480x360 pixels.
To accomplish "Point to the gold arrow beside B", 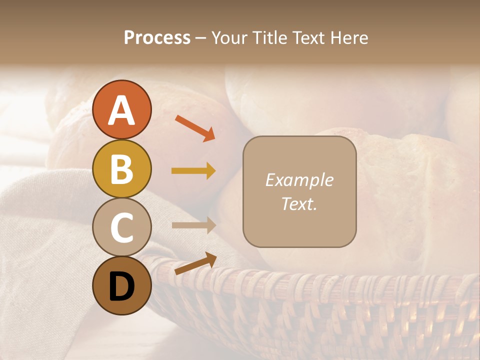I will point(193,171).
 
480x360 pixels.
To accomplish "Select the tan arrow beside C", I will point(193,225).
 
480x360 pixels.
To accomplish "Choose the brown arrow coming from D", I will point(195,263).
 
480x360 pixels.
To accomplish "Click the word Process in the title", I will point(157,38).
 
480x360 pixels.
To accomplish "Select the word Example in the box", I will point(299,180).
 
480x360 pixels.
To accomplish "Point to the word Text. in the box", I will point(299,204).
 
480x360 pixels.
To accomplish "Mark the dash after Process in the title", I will point(201,38).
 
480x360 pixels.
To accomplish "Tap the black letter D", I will point(121,287).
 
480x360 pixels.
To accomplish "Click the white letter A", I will point(121,111).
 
